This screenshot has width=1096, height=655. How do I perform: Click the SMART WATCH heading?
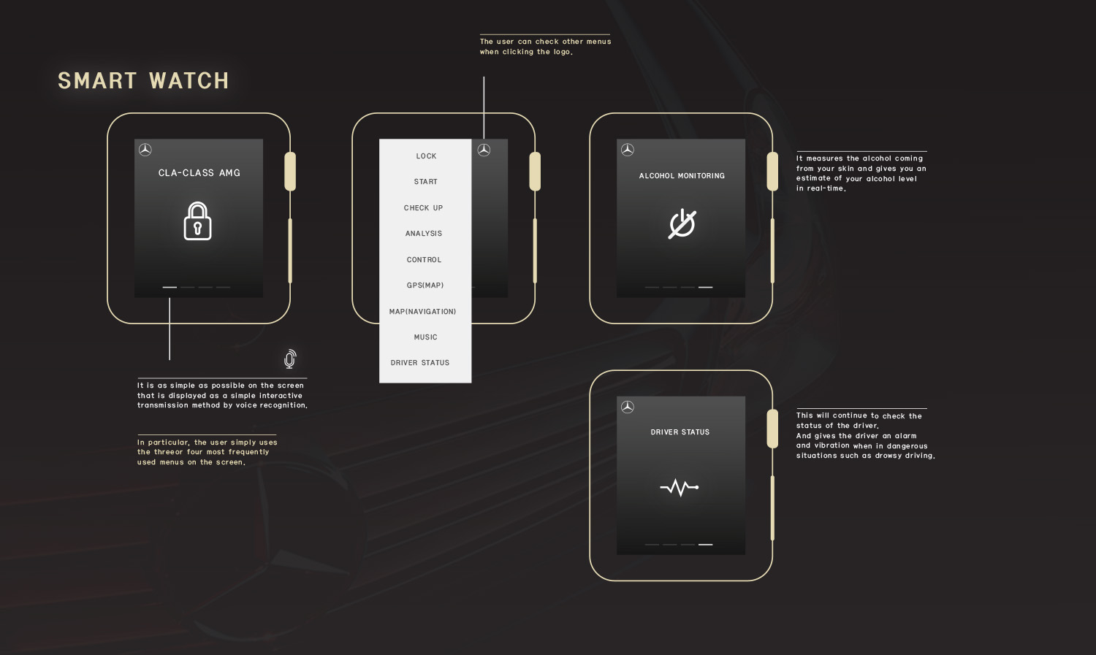pos(143,80)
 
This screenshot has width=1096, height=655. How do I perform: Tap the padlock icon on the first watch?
pos(198,221)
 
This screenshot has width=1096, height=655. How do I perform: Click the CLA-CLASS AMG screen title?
pos(199,172)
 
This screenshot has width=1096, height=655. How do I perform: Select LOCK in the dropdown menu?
pos(426,156)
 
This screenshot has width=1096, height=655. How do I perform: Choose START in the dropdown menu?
pos(426,181)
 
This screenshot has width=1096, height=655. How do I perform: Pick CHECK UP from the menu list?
pos(423,207)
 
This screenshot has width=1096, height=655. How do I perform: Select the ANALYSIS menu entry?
pos(424,233)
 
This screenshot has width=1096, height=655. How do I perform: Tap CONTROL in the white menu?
pos(425,259)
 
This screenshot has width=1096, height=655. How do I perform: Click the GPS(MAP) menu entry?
pos(425,285)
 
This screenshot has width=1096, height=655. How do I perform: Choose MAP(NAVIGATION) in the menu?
pos(423,311)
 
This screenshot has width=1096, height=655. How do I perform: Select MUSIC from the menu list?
pos(426,337)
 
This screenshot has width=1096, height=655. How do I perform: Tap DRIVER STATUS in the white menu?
pos(420,362)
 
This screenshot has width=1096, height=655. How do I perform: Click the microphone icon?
pos(290,359)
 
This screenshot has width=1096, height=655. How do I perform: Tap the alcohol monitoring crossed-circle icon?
pos(682,224)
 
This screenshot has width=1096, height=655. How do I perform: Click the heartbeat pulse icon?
pos(680,487)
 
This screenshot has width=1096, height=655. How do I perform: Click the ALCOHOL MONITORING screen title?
pos(682,175)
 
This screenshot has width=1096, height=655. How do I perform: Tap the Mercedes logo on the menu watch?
pos(484,150)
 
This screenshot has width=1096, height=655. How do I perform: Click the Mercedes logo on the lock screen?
pos(145,150)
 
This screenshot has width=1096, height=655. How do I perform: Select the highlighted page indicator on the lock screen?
pos(170,288)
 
